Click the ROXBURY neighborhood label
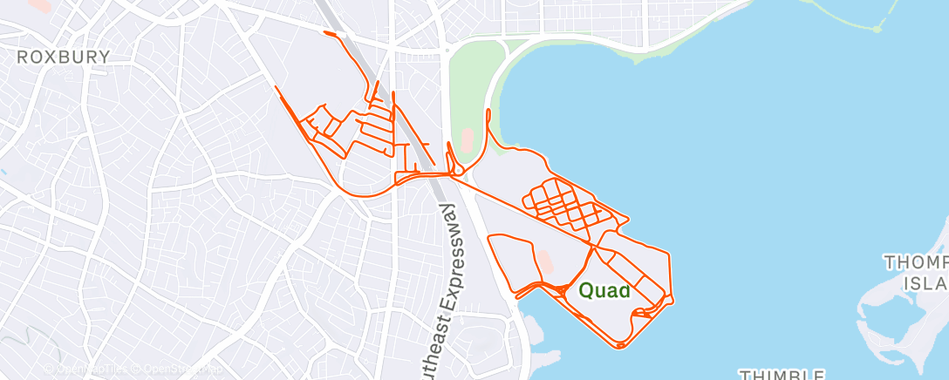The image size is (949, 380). pyautogui.click(x=65, y=58)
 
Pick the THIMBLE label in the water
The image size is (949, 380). pyautogui.click(x=784, y=374)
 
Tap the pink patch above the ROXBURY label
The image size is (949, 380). pyautogui.click(x=38, y=4)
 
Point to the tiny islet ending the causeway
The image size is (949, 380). pyautogui.click(x=877, y=28)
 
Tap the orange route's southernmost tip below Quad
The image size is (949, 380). pyautogui.click(x=620, y=347)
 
